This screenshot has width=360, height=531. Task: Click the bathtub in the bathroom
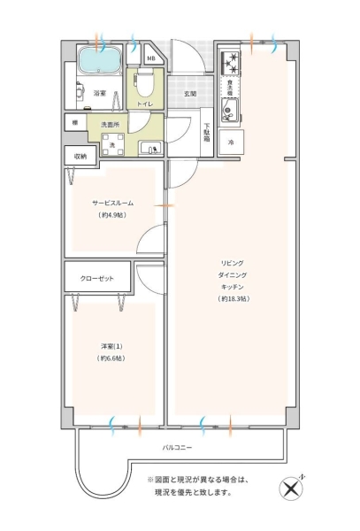click(100, 59)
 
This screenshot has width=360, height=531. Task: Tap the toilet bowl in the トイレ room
click(145, 82)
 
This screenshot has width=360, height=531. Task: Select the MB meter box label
click(151, 58)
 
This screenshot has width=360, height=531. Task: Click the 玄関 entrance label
click(190, 94)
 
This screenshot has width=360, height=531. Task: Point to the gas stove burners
click(230, 63)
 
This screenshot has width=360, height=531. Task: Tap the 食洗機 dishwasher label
click(230, 87)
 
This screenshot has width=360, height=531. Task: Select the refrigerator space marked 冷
click(231, 142)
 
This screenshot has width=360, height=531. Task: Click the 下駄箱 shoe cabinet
click(206, 132)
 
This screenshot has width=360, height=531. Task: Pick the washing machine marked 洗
click(112, 144)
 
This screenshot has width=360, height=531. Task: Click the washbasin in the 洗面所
click(150, 149)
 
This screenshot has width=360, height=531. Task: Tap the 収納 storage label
click(80, 157)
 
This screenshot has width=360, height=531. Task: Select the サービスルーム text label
click(112, 203)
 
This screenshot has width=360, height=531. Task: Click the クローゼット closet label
click(96, 279)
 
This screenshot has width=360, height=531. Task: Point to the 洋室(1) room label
click(111, 346)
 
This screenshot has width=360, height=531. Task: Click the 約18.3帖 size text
click(234, 299)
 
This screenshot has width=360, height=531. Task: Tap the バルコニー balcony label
click(177, 447)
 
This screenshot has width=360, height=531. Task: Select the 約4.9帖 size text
click(112, 215)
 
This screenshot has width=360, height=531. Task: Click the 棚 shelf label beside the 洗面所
click(75, 123)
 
